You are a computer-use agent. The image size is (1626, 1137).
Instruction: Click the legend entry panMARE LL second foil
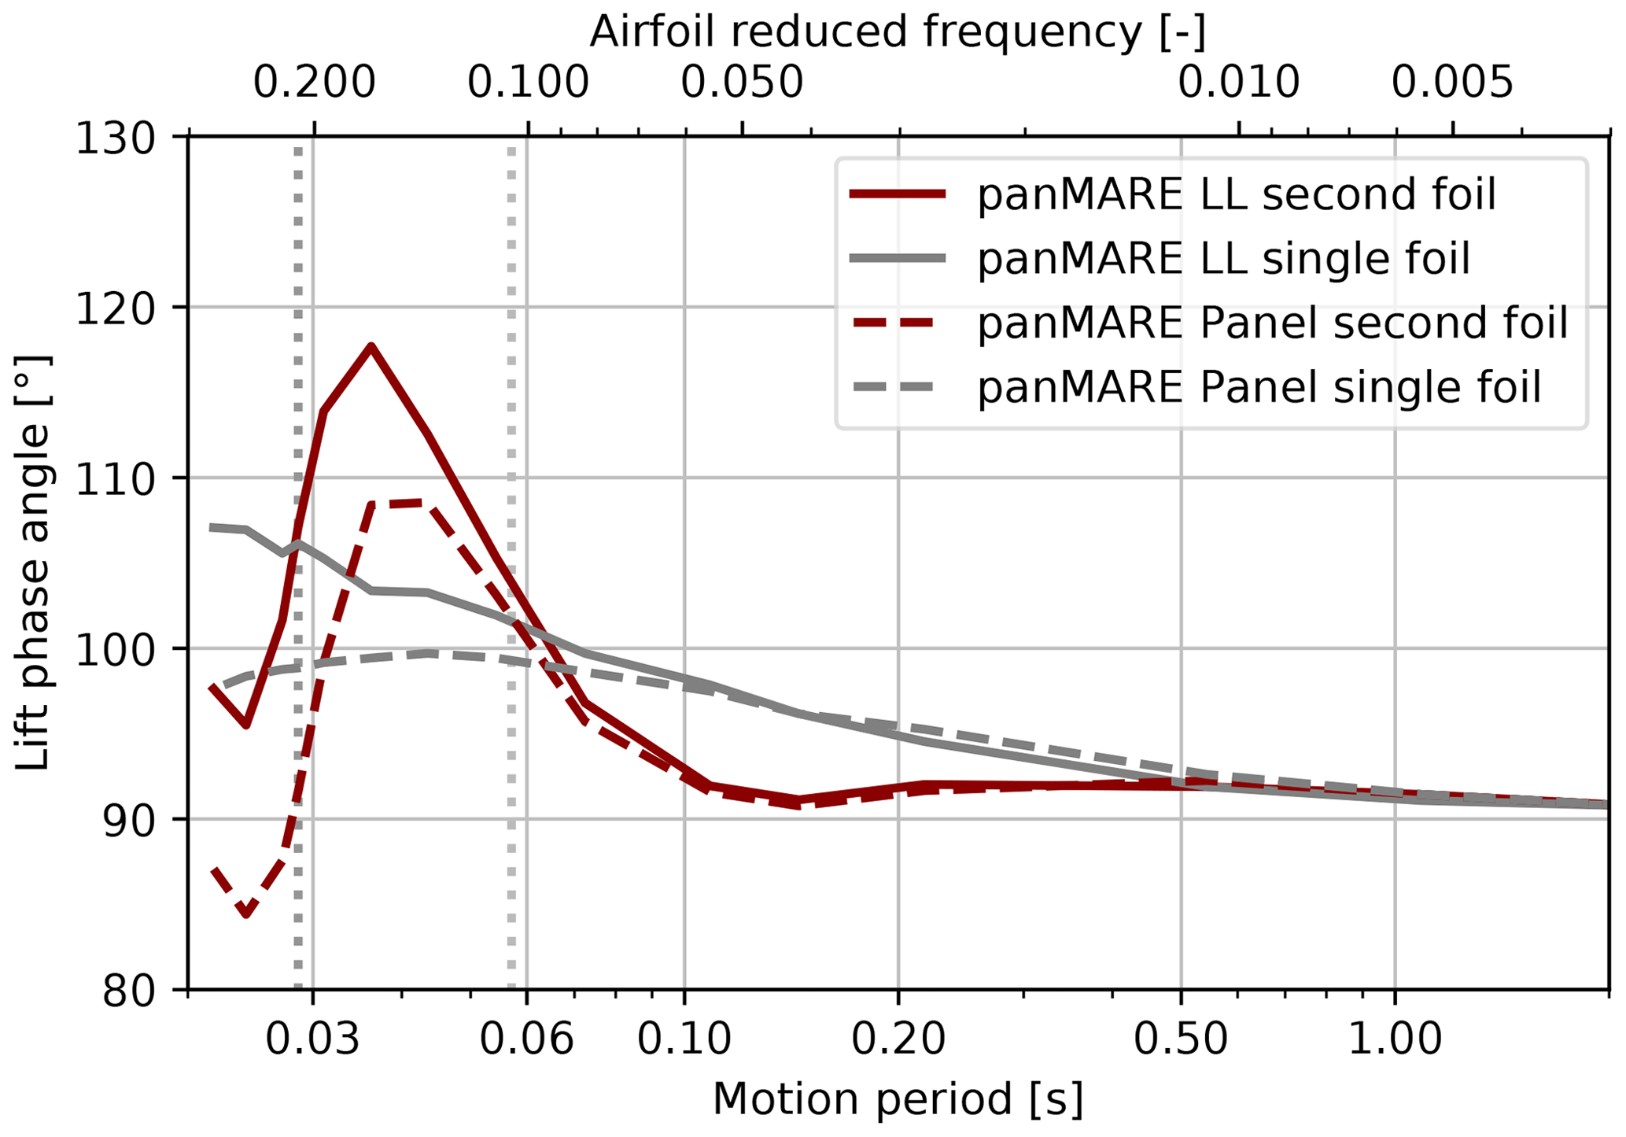[x=1235, y=194]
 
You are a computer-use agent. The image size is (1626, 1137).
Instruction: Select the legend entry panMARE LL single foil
[x=1223, y=259]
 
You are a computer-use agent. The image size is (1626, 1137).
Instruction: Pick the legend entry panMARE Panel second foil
[x=1272, y=323]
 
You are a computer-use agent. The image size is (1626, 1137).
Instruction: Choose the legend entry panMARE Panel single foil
[x=1259, y=387]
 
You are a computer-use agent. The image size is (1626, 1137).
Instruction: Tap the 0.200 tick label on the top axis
[x=314, y=82]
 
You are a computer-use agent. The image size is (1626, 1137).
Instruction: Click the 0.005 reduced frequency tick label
[x=1452, y=82]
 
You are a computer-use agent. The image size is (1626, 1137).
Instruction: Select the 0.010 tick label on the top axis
[x=1238, y=82]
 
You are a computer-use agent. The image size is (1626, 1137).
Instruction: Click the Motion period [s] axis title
[x=898, y=1099]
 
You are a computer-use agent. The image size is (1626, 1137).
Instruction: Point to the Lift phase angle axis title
[x=33, y=563]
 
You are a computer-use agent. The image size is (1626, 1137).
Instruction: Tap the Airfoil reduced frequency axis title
[x=898, y=33]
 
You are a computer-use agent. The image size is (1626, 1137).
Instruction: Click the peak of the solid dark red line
[x=371, y=346]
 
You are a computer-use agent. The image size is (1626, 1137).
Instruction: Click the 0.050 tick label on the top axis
[x=742, y=82]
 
